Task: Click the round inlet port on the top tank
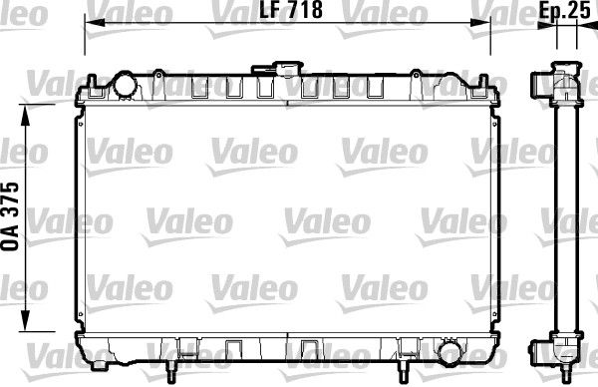click(125, 86)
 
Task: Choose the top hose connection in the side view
click(543, 84)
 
